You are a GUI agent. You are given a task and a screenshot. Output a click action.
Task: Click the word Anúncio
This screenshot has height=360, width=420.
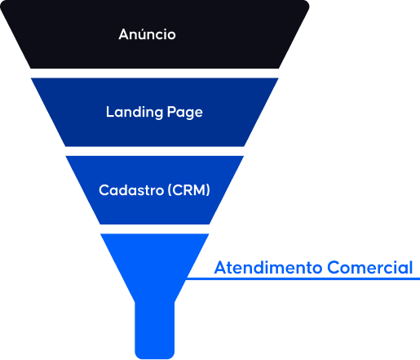click(147, 34)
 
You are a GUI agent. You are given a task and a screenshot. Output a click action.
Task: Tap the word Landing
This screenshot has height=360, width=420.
click(135, 112)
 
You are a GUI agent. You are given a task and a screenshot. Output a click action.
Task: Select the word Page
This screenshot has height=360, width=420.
click(185, 113)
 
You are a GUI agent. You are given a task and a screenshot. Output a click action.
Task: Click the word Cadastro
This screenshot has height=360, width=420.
click(131, 190)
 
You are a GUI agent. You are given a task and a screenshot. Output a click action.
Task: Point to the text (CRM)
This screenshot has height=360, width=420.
click(189, 190)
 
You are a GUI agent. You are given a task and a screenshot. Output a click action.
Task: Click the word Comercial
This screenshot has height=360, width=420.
click(370, 268)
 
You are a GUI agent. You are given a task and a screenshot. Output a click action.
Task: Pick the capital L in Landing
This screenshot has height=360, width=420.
click(110, 112)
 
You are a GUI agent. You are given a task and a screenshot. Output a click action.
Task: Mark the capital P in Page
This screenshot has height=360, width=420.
click(171, 112)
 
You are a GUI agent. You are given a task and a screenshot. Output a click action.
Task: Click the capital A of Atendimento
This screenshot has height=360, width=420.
click(221, 268)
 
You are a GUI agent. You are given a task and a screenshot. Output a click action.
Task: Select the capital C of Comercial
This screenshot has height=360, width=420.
click(333, 268)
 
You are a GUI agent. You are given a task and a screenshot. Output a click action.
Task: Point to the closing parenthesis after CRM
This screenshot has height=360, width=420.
click(208, 190)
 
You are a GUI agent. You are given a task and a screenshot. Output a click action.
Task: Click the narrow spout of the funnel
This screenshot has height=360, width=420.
click(155, 329)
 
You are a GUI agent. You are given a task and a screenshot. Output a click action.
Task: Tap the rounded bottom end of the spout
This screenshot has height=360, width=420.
click(155, 356)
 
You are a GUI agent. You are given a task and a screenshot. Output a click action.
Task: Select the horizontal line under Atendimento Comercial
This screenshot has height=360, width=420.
click(303, 278)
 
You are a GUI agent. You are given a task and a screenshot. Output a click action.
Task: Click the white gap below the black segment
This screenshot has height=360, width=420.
click(155, 73)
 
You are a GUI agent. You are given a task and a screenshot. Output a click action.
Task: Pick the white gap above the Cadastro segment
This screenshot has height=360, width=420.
click(155, 151)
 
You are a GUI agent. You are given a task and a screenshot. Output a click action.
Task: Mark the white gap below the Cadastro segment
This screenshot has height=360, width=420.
click(155, 229)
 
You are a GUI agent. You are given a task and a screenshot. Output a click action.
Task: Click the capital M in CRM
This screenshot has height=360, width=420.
click(199, 190)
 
